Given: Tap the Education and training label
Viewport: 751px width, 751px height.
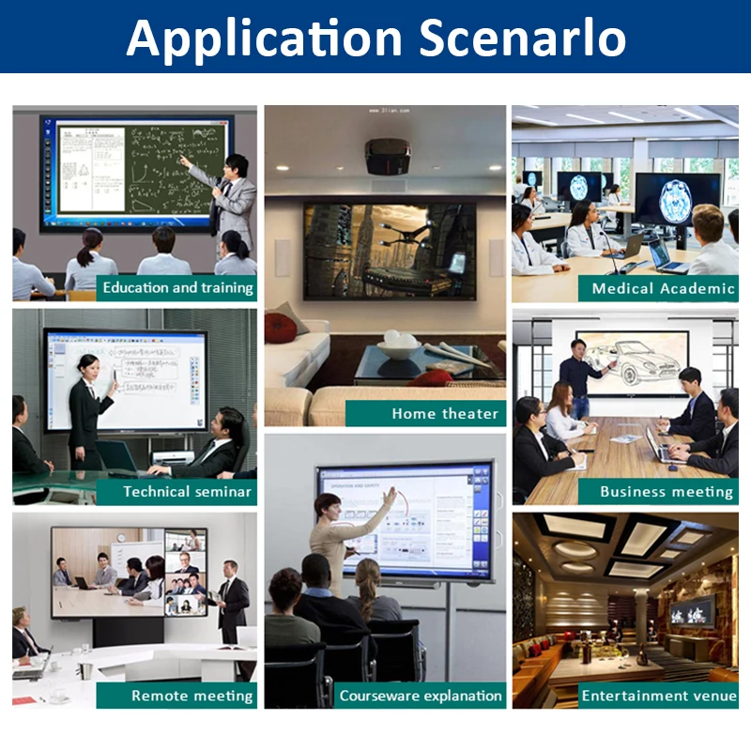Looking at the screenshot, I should pyautogui.click(x=177, y=287).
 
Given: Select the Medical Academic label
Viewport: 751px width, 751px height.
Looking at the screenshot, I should pyautogui.click(x=663, y=288).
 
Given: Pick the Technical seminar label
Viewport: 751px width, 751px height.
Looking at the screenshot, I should pyautogui.click(x=187, y=491).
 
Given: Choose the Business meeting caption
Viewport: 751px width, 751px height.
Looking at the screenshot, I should pyautogui.click(x=666, y=491).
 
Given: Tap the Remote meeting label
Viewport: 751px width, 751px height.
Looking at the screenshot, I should pyautogui.click(x=192, y=696).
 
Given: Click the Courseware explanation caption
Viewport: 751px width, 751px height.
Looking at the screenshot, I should pyautogui.click(x=421, y=696).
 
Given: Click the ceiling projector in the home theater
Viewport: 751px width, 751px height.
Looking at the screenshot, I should pyautogui.click(x=386, y=156).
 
